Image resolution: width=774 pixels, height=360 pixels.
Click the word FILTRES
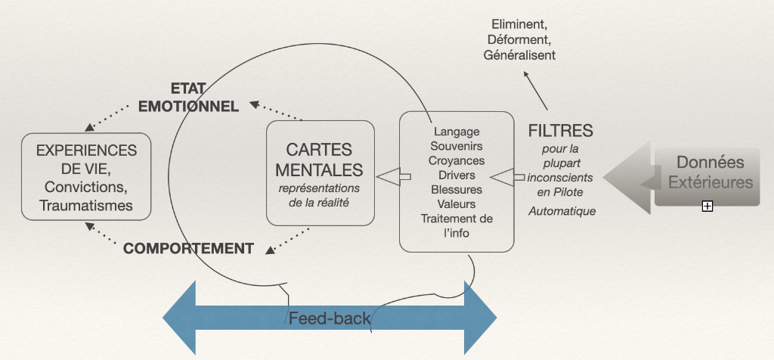pos(560,130)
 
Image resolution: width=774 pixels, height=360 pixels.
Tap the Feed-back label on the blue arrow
pos(330,318)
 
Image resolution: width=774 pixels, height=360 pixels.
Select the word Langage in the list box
pos(457,132)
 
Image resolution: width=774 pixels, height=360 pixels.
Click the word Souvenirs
pos(457,146)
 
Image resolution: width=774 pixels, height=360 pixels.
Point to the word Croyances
pos(457,160)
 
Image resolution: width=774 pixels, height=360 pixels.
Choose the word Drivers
pos(457,175)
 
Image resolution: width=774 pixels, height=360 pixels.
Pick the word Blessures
pos(457,190)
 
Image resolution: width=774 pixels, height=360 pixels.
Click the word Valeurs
pos(457,204)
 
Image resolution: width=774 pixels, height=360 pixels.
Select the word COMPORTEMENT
pos(188,248)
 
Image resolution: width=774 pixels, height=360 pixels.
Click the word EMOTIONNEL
pos(188,107)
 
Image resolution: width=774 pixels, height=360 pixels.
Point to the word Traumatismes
pos(86,205)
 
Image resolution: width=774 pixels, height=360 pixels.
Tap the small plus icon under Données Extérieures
pos(707,205)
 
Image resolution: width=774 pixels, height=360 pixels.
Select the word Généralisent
pos(519,55)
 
